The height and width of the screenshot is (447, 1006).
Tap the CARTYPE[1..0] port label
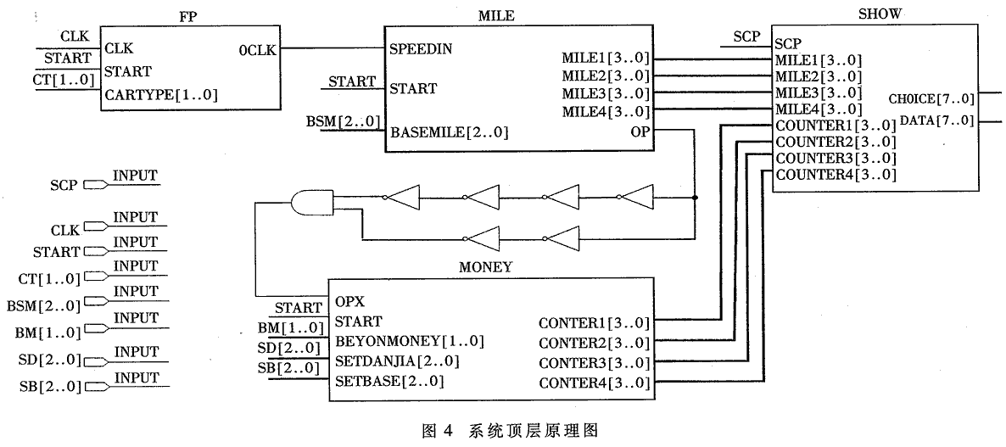click(161, 95)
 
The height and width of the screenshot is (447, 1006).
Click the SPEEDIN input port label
click(421, 48)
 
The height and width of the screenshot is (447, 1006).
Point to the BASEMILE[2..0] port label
click(450, 132)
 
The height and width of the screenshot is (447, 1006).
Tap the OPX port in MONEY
click(350, 302)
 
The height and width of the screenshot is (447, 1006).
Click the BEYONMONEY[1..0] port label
click(409, 341)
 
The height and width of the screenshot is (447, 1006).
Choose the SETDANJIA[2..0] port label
click(397, 360)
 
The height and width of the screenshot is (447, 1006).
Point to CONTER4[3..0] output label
click(594, 383)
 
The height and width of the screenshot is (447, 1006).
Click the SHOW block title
click(880, 14)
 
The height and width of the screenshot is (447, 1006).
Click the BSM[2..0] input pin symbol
click(96, 303)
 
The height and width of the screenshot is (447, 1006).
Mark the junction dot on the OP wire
click(695, 198)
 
